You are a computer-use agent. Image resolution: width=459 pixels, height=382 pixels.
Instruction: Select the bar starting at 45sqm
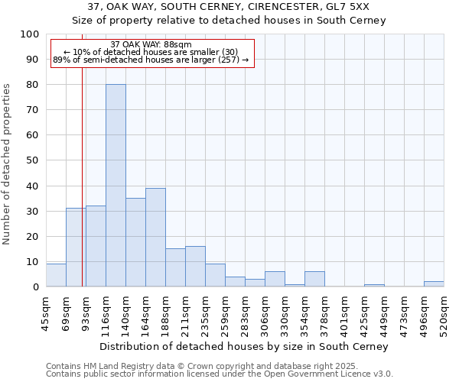click(56, 275)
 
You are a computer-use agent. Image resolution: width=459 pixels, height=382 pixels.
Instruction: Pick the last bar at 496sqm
click(434, 284)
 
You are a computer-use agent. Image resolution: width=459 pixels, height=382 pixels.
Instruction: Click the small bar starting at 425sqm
click(374, 285)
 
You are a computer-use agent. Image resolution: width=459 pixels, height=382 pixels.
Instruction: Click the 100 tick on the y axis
click(30, 34)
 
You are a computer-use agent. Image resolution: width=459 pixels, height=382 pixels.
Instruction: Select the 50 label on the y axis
click(30, 160)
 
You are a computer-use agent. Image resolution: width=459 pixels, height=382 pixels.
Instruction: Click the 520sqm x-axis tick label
click(444, 314)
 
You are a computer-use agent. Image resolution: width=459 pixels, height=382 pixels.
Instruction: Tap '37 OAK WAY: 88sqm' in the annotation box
click(151, 45)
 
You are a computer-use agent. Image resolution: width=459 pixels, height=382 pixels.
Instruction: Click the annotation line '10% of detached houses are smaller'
click(151, 52)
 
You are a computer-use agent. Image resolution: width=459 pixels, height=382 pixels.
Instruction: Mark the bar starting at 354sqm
click(314, 279)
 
